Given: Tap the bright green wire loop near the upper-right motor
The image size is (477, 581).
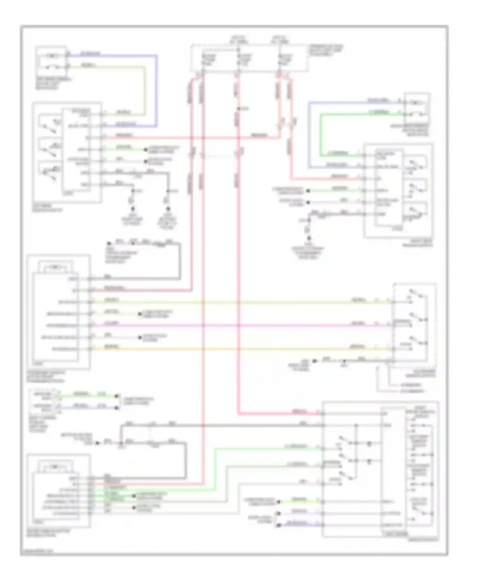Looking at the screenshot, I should [321, 133].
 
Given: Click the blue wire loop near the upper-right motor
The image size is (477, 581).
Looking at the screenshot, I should [309, 133].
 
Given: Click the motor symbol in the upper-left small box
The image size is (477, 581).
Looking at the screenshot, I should [52, 56].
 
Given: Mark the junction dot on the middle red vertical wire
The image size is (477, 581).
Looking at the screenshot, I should [238, 109].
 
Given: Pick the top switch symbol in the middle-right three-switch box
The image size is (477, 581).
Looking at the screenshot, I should [417, 295].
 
